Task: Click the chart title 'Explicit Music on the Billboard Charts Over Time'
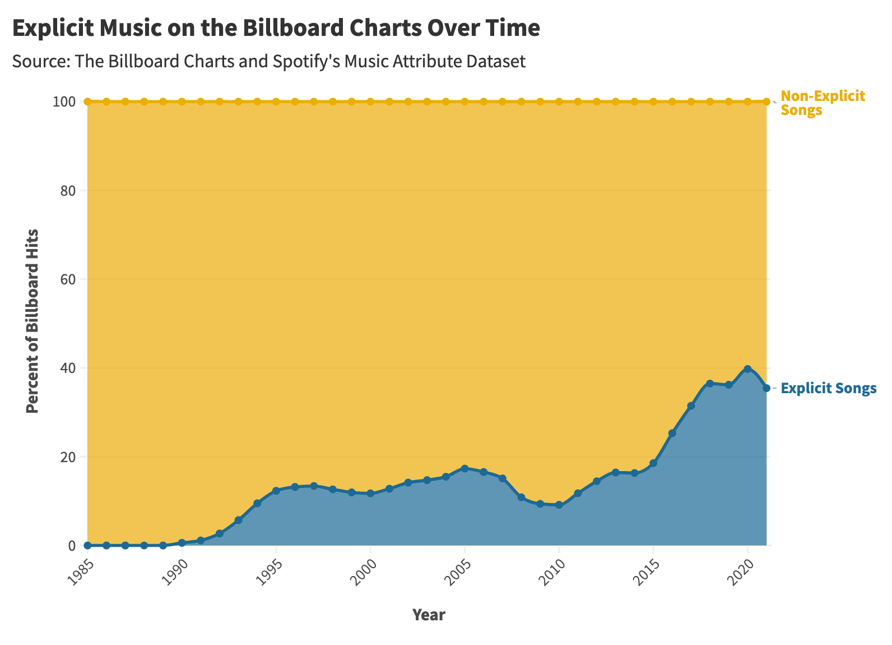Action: [x=276, y=29]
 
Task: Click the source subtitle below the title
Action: [x=268, y=61]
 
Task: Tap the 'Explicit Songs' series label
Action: [x=828, y=388]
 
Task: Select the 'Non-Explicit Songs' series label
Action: [x=822, y=103]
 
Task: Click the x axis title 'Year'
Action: [x=429, y=615]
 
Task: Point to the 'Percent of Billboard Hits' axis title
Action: [x=33, y=321]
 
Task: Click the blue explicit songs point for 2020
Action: [x=747, y=369]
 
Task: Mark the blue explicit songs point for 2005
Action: [x=464, y=468]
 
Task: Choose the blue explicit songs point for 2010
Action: [x=559, y=505]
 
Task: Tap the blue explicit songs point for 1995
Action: [x=276, y=491]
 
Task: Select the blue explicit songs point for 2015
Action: [x=653, y=463]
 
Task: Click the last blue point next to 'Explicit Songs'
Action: [x=766, y=388]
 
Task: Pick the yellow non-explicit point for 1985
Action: [x=87, y=102]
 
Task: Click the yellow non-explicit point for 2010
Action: [x=559, y=102]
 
